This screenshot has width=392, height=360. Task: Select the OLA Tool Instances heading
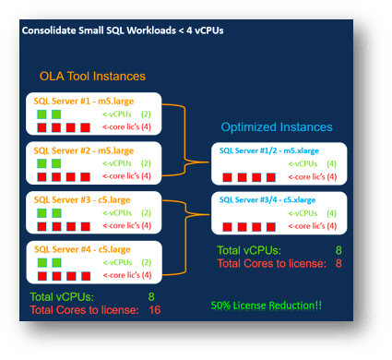click(x=91, y=76)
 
